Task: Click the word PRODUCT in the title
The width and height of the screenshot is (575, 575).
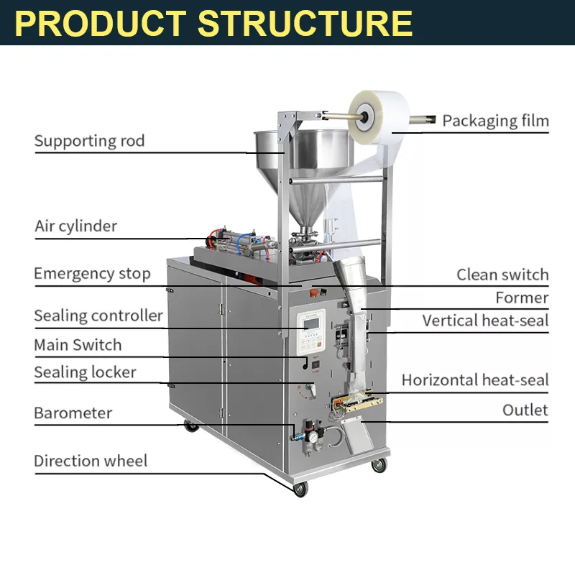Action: point(101,23)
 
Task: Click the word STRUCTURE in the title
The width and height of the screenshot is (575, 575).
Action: point(305,23)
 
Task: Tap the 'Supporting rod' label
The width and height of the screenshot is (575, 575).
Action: point(89,141)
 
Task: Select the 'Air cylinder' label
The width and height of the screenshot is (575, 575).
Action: point(75,226)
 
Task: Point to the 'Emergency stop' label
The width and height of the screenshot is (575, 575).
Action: point(92,274)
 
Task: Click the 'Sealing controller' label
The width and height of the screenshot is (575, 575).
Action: point(98,316)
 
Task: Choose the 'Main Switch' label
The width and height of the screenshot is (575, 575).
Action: point(78,345)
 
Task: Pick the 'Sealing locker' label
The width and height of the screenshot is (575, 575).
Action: point(85,372)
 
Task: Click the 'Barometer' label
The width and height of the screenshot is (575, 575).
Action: point(73,413)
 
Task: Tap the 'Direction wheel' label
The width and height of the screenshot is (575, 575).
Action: point(91,461)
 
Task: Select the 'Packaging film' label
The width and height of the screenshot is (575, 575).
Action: point(495,121)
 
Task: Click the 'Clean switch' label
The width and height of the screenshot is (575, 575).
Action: point(502,275)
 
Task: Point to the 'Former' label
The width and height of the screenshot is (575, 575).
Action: point(522,298)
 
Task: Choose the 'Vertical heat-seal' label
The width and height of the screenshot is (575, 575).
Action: point(485,321)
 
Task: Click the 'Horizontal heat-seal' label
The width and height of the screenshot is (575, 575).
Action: point(475,379)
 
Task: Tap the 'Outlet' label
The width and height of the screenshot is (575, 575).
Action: point(525,410)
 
